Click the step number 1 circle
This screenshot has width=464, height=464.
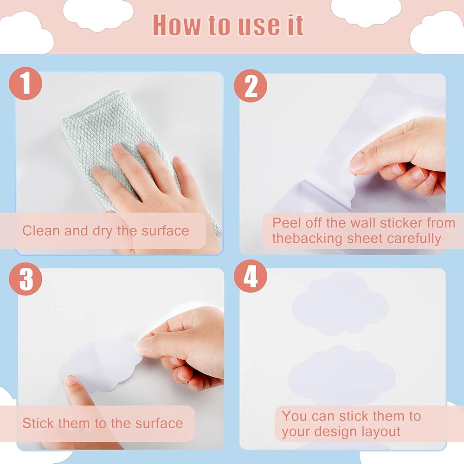pos(26,84)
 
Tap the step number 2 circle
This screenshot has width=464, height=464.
pos(251,86)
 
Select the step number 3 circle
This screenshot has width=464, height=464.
pos(26,279)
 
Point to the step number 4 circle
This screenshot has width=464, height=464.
pos(251,277)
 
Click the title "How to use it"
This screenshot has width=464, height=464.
pos(228,26)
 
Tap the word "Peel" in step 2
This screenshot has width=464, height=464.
pos(287,223)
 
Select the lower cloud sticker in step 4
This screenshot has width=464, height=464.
pos(342,376)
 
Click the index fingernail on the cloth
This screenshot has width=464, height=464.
pos(118,147)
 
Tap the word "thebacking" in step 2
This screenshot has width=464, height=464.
pos(307,238)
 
